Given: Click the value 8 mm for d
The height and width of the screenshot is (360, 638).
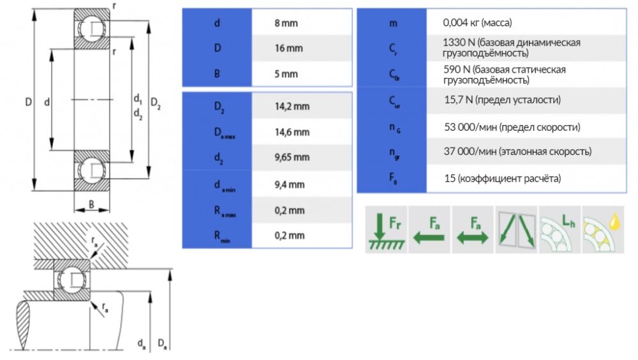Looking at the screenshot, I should (285, 24).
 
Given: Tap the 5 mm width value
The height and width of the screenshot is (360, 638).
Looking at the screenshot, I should (285, 74).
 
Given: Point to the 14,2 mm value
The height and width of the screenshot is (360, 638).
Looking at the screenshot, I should (291, 107).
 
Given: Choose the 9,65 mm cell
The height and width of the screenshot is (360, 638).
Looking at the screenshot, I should (292, 157).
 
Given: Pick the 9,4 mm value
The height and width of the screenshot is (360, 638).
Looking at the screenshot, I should (289, 185).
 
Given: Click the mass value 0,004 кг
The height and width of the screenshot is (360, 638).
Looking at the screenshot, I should (477, 23).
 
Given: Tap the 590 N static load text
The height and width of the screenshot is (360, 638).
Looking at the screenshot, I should (505, 75).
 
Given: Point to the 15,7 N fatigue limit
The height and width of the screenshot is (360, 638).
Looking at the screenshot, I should (502, 100).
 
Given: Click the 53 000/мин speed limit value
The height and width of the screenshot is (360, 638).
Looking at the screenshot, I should (512, 127).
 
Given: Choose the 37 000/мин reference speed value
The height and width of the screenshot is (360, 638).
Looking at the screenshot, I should (517, 152).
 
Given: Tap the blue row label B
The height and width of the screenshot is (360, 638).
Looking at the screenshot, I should (217, 74).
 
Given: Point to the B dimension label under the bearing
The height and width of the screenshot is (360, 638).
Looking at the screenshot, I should (92, 205).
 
